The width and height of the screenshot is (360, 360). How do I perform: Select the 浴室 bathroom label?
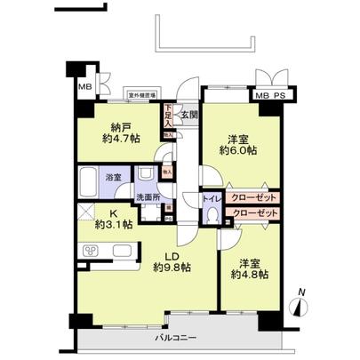pyautogui.click(x=115, y=178)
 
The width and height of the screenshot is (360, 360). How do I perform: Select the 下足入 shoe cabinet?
pyautogui.click(x=168, y=113)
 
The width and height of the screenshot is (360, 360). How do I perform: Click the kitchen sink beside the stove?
pyautogui.click(x=121, y=252)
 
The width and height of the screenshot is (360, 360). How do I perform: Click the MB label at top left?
pyautogui.click(x=85, y=87)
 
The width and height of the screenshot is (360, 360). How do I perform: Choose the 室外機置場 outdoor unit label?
pyautogui.click(x=141, y=94)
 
